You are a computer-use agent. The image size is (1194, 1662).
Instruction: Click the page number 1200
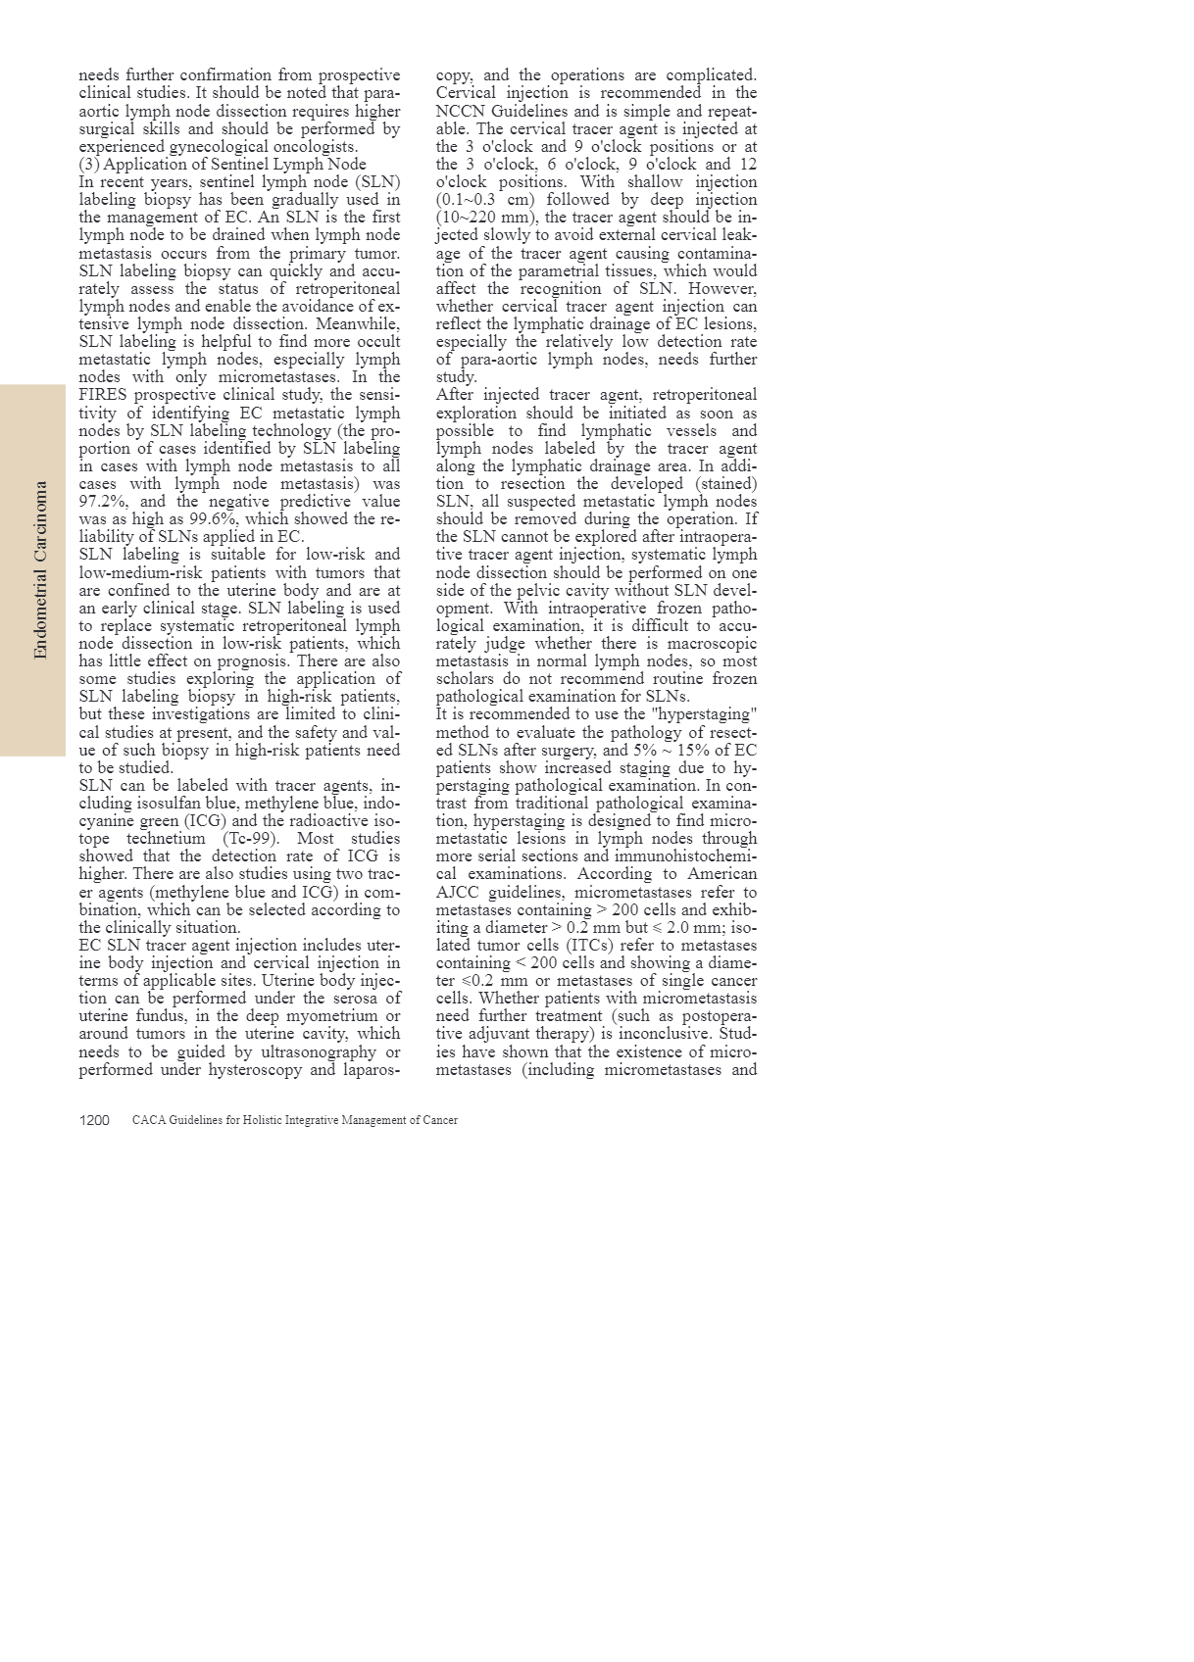pos(94,1120)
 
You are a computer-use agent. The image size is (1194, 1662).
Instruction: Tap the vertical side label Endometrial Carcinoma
pos(40,569)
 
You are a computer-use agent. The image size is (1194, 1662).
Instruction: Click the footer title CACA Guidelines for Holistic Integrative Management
pos(294,1120)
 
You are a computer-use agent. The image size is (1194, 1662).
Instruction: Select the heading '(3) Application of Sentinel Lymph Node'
pos(223,165)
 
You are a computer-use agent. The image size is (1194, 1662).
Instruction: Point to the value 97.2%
pos(102,502)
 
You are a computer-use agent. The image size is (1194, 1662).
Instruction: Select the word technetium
pos(166,839)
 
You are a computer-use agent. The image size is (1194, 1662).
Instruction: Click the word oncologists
pos(307,146)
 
